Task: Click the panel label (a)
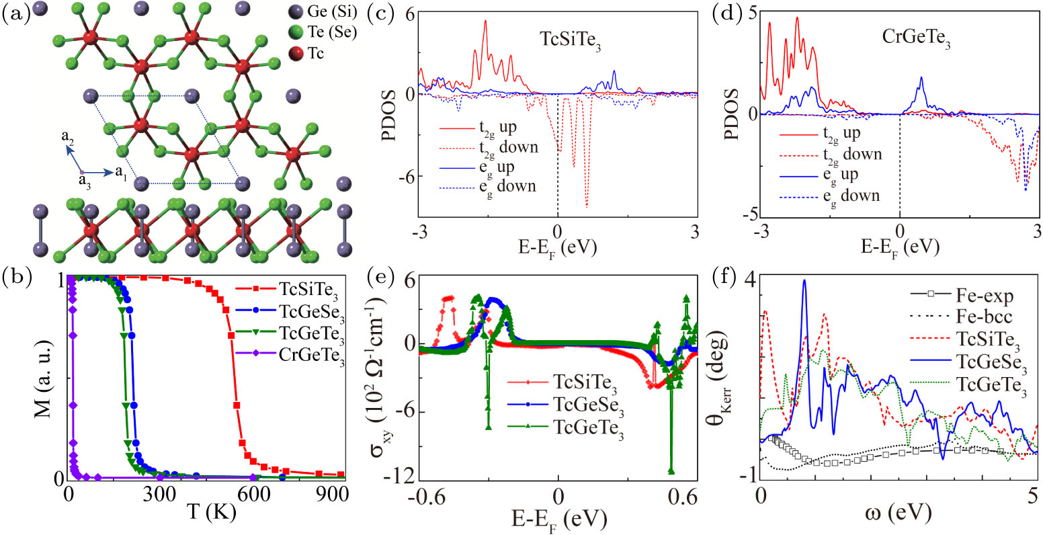click(14, 14)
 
